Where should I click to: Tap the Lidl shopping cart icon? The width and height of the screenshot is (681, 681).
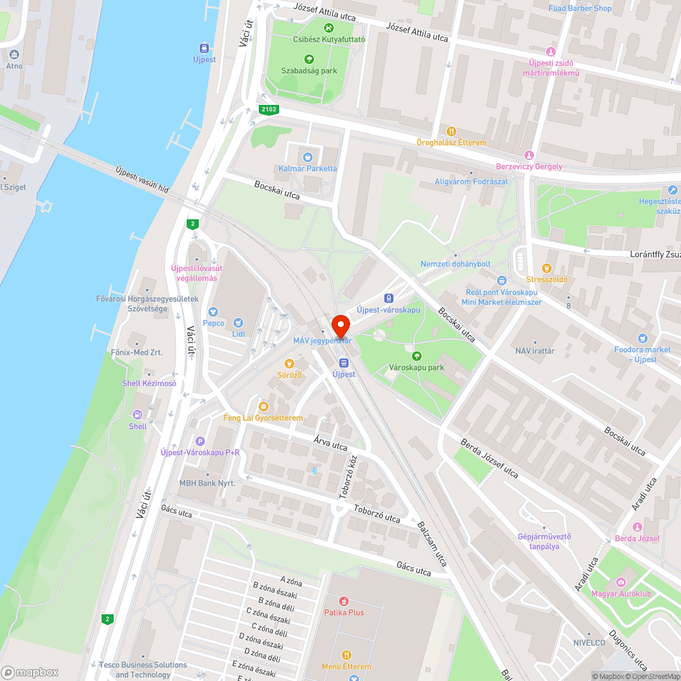click(238, 323)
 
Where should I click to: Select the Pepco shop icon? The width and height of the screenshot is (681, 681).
click(213, 311)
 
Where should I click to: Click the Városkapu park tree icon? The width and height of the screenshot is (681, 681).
click(417, 355)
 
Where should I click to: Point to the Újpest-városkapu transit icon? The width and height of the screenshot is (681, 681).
click(388, 298)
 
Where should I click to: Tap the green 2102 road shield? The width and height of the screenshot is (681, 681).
click(269, 110)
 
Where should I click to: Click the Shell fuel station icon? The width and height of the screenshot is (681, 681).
click(138, 414)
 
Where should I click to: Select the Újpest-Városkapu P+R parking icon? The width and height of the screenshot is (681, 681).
click(200, 441)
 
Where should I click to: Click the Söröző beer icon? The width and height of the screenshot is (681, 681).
click(289, 364)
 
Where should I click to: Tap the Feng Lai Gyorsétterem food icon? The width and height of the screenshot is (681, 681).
click(263, 406)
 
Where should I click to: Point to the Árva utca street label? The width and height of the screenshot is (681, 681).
click(330, 443)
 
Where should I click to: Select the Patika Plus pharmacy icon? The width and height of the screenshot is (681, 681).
click(344, 601)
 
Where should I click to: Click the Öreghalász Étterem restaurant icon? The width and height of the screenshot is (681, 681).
click(451, 131)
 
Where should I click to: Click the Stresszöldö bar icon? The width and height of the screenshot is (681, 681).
click(546, 268)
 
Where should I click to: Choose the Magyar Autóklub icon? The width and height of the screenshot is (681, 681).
click(620, 582)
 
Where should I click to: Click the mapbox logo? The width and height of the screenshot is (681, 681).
click(31, 671)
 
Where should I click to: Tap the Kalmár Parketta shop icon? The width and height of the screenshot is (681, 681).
click(307, 157)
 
